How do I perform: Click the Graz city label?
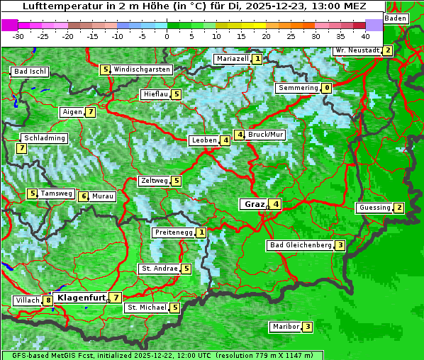(x=252, y=204)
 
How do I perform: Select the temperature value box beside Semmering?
(x=326, y=88)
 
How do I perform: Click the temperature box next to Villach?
(x=48, y=300)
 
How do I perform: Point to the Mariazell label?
(x=232, y=59)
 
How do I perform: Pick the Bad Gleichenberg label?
(x=300, y=245)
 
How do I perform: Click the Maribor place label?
(x=285, y=327)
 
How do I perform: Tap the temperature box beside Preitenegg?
(x=202, y=232)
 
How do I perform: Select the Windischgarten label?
(x=142, y=69)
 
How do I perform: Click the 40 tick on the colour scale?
(x=365, y=36)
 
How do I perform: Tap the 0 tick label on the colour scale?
(x=167, y=36)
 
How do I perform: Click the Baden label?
(x=396, y=18)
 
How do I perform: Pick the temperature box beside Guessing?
(x=399, y=208)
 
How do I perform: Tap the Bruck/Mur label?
(x=266, y=135)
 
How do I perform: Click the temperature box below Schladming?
(x=21, y=148)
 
